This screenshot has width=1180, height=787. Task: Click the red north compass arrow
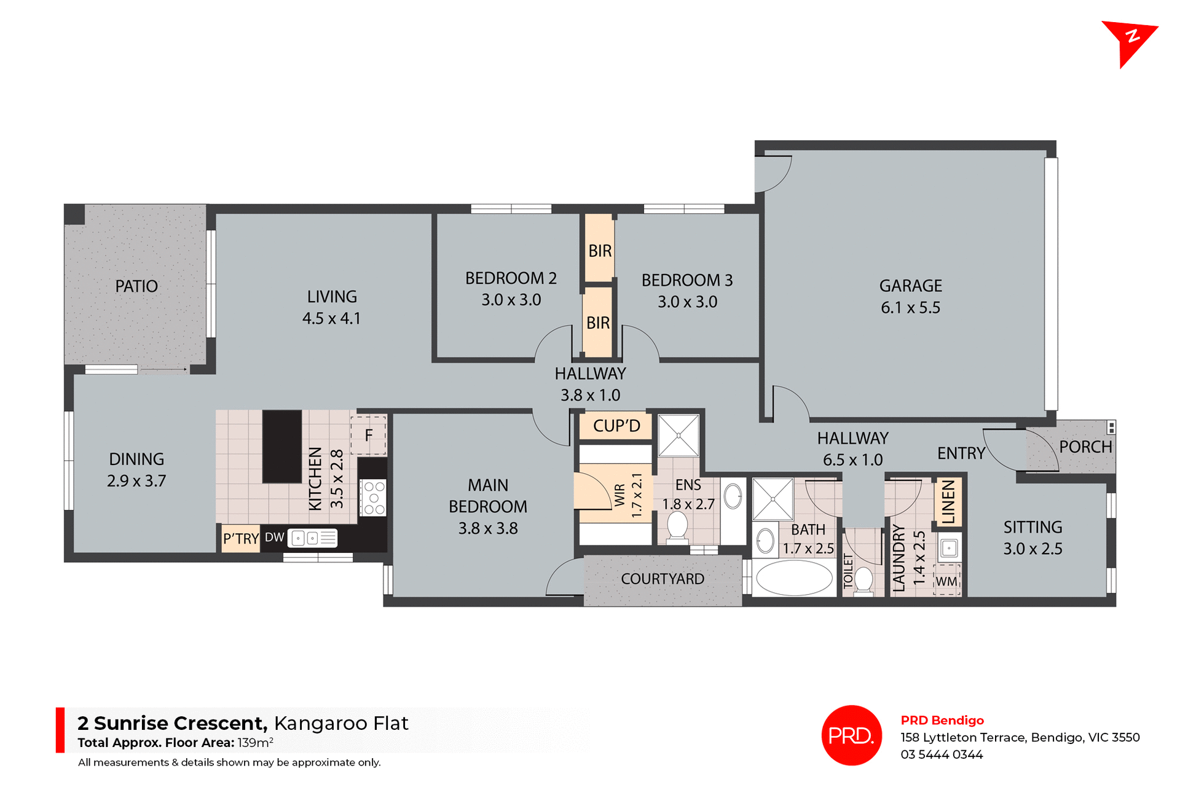tap(1128, 41)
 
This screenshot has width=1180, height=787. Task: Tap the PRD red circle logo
tap(851, 735)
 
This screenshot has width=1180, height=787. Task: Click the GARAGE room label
tap(910, 286)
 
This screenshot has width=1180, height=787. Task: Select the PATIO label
tap(136, 286)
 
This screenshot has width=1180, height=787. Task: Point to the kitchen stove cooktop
tap(373, 498)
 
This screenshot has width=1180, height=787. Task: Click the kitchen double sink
tap(312, 539)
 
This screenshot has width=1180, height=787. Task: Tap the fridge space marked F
tap(368, 436)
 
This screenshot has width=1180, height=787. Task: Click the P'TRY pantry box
tap(240, 539)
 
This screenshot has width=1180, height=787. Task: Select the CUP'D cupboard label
tap(616, 426)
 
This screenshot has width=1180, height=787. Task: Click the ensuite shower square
tap(678, 436)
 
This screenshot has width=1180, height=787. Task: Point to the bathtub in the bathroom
tap(793, 578)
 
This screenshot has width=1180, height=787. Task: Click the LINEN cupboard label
tap(948, 502)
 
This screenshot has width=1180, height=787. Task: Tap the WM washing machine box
tap(946, 581)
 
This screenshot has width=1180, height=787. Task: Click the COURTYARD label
tap(663, 579)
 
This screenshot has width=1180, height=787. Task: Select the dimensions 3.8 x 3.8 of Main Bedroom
tap(488, 528)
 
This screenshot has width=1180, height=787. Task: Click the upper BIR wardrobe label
tap(600, 251)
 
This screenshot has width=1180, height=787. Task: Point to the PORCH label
tap(1085, 447)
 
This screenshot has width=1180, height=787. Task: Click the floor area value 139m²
tap(255, 742)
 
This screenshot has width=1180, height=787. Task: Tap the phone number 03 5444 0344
tap(942, 754)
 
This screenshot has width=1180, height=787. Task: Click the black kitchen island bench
tap(282, 446)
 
